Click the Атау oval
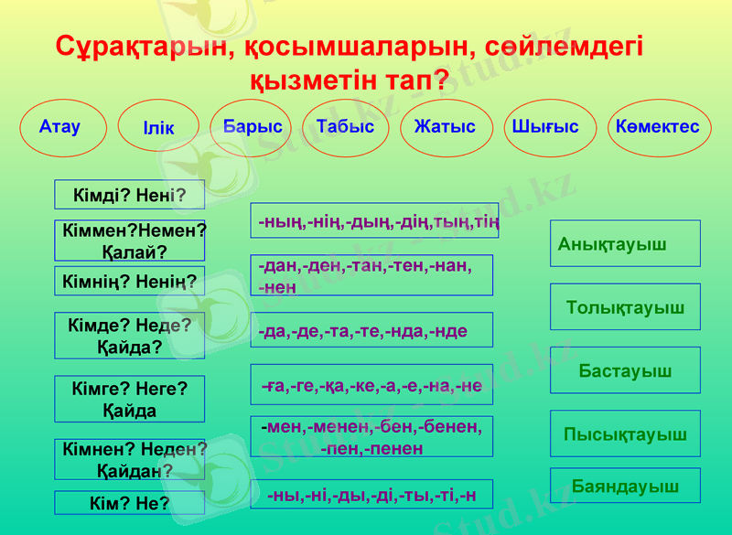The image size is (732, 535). point(61,127)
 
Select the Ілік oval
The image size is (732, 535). point(159,128)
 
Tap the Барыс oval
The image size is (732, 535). point(253,127)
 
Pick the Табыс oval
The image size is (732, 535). point(345,127)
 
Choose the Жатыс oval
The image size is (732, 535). point(446,127)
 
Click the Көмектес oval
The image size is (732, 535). point(657,127)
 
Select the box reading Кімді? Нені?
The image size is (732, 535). point(129,195)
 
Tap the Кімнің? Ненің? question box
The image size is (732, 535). point(129,282)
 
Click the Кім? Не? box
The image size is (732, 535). point(129,503)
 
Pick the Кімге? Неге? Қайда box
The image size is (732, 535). point(129,400)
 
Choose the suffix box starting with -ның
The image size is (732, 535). point(374,221)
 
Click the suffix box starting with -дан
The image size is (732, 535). point(371,275)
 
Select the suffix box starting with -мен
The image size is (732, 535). point(371,437)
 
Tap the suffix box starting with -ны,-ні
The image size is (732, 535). point(371,495)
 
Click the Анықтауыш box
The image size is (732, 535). point(625,243)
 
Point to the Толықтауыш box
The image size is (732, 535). point(625,307)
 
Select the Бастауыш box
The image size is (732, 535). point(625,370)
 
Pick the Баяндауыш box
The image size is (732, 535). point(625,486)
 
